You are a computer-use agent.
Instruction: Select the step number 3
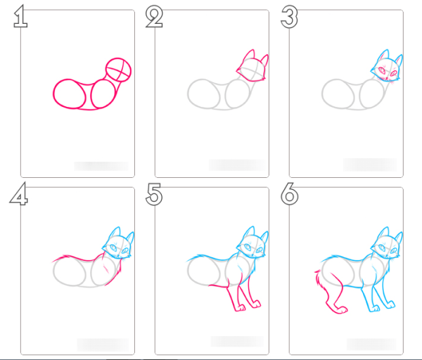[x=289, y=17]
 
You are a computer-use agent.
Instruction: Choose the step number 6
[x=289, y=195]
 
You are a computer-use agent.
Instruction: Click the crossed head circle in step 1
[x=119, y=70]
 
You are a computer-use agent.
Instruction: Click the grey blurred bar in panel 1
[x=101, y=166]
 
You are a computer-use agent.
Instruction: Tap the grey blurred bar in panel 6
[x=370, y=344]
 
